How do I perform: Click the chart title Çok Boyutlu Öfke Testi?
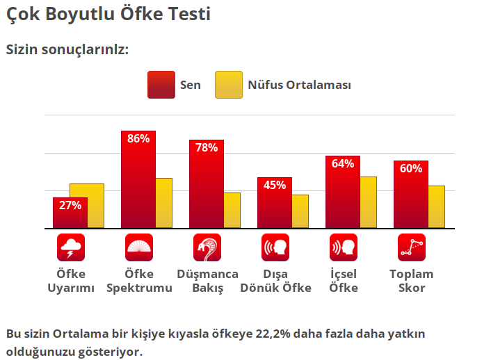pos(108,14)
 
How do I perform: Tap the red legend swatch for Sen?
pos(161,85)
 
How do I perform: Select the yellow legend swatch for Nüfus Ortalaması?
pos(229,85)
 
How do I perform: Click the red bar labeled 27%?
pos(70,213)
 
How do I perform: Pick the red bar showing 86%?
pos(138,181)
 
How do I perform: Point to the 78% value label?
pos(207,147)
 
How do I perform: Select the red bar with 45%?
pos(274,203)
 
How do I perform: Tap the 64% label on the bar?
pos(343,164)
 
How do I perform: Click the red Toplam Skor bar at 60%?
pos(410,196)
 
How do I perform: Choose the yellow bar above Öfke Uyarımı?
pos(87,206)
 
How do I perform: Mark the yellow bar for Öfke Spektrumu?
pos(164,203)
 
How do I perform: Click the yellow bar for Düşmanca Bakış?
pos(232,210)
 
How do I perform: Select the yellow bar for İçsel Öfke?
pos(369,202)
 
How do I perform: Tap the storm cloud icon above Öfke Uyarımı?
pos(70,247)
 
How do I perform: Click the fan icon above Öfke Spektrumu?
pos(138,247)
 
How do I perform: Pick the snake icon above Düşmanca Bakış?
pos(207,247)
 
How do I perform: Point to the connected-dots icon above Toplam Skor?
pos(411,247)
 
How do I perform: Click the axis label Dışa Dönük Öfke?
pos(275,281)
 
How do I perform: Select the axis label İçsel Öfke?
pos(344,281)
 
